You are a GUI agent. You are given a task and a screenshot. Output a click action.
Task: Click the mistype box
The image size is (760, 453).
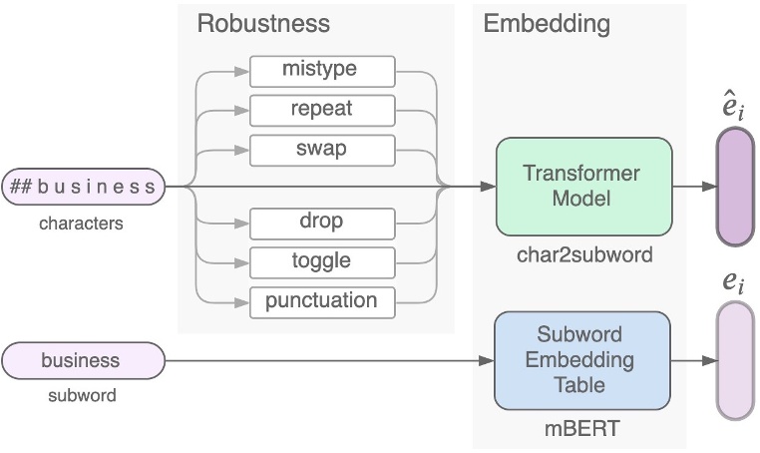point(322,71)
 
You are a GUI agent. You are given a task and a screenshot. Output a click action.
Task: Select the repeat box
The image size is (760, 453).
point(322,109)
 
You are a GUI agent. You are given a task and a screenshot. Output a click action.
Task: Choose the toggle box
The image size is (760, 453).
point(322,261)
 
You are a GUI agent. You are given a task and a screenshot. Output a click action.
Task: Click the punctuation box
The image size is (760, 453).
point(322,300)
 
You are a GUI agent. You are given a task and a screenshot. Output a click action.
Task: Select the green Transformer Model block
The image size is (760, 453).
point(582,186)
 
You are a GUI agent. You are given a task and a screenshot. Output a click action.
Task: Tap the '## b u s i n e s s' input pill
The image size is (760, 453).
point(83,186)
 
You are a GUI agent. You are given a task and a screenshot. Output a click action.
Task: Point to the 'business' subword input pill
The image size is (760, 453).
point(83,360)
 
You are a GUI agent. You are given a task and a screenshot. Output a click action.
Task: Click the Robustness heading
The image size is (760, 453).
point(262,24)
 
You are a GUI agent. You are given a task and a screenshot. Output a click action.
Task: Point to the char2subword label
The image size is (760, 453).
point(583,255)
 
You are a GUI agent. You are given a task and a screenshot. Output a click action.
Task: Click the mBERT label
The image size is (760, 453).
point(582,430)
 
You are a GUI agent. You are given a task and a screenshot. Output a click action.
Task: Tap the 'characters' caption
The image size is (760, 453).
point(82,224)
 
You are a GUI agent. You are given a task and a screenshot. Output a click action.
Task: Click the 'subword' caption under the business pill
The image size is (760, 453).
point(82,395)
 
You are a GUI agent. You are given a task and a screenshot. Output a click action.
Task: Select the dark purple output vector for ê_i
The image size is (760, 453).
point(736,187)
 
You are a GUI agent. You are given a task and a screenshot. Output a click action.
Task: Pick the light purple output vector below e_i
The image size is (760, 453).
point(736,360)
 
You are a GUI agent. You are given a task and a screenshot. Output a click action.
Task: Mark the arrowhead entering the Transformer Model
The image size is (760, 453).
point(488,187)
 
